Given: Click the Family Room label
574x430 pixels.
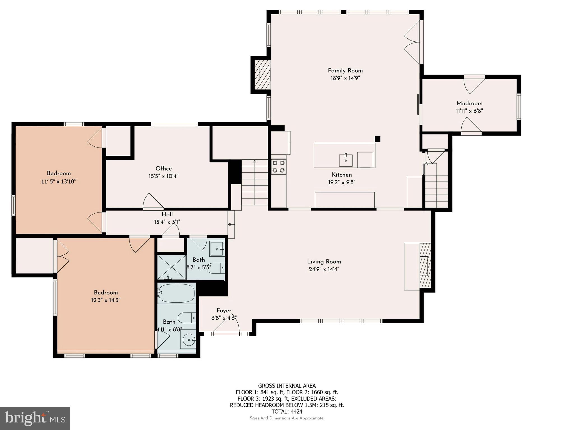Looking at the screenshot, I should [x=345, y=71].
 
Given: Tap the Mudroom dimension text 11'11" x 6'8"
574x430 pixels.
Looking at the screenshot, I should [x=469, y=111].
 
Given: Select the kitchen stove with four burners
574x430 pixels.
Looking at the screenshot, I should [x=278, y=167].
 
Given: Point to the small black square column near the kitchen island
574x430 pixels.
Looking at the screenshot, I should [x=378, y=139].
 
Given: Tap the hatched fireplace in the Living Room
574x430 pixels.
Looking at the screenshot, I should [x=425, y=266].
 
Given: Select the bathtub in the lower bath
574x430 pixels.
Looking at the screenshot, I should [x=177, y=293].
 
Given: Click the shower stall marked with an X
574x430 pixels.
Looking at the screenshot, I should [x=172, y=267].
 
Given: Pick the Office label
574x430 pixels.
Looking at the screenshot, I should [x=164, y=169].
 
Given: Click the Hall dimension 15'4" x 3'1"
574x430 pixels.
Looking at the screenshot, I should [x=167, y=222].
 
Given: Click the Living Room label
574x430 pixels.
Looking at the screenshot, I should [x=324, y=262].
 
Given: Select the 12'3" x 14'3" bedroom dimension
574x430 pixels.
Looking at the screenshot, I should [x=106, y=300].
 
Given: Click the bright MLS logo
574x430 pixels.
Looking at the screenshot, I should [x=35, y=418].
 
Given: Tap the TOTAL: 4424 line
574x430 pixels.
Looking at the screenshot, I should [x=287, y=412].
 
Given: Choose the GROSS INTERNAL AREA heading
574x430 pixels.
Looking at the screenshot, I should [x=287, y=386].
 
